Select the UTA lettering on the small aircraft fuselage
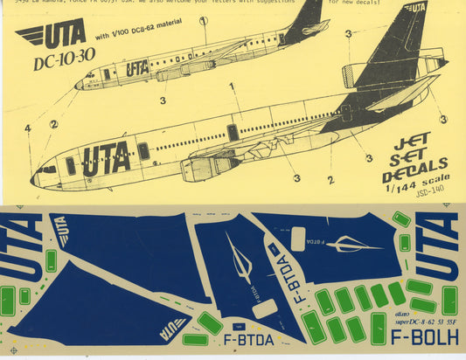[136, 67]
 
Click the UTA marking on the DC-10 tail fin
[414, 8]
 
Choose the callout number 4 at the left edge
[28, 128]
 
